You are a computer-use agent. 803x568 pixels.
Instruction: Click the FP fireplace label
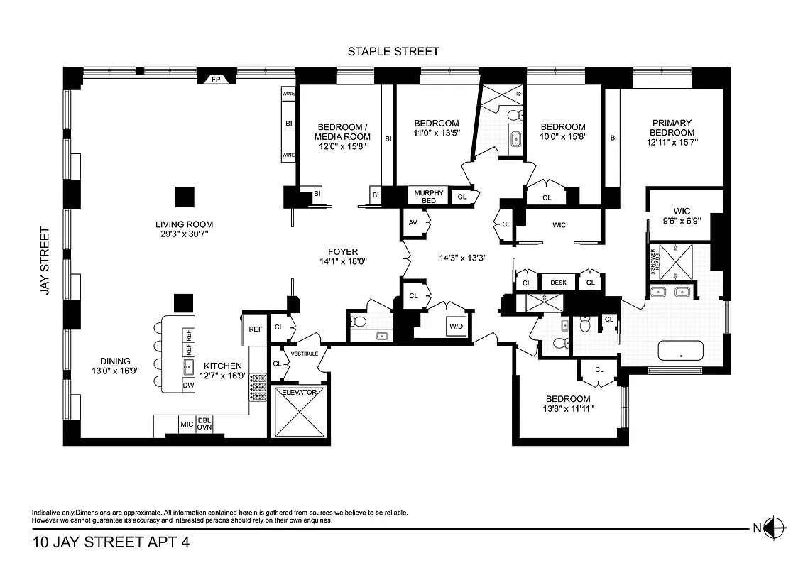[x=217, y=80]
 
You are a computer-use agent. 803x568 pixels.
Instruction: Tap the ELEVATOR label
[x=299, y=393]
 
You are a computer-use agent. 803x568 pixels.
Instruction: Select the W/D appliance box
[x=455, y=327]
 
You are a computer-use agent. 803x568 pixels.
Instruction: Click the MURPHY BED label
[x=428, y=197]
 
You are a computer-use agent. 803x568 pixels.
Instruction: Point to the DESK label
[x=558, y=283]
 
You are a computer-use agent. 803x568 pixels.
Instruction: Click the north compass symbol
[x=775, y=528]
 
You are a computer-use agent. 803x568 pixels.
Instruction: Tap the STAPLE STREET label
[x=393, y=51]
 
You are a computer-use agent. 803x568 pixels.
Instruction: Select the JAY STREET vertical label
[x=45, y=261]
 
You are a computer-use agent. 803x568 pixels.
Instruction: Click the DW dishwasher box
[x=188, y=385]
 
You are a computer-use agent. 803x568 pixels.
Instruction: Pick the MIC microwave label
[x=187, y=425]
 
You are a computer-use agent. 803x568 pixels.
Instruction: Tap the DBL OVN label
[x=204, y=424]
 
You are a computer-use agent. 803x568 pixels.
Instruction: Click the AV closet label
[x=413, y=222]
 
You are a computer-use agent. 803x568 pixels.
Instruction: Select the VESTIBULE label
[x=304, y=353]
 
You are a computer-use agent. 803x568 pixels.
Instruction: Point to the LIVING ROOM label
[x=185, y=226]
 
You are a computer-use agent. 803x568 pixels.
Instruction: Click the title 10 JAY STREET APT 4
[x=111, y=545]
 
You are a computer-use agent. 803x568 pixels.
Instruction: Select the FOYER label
[x=343, y=251]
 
